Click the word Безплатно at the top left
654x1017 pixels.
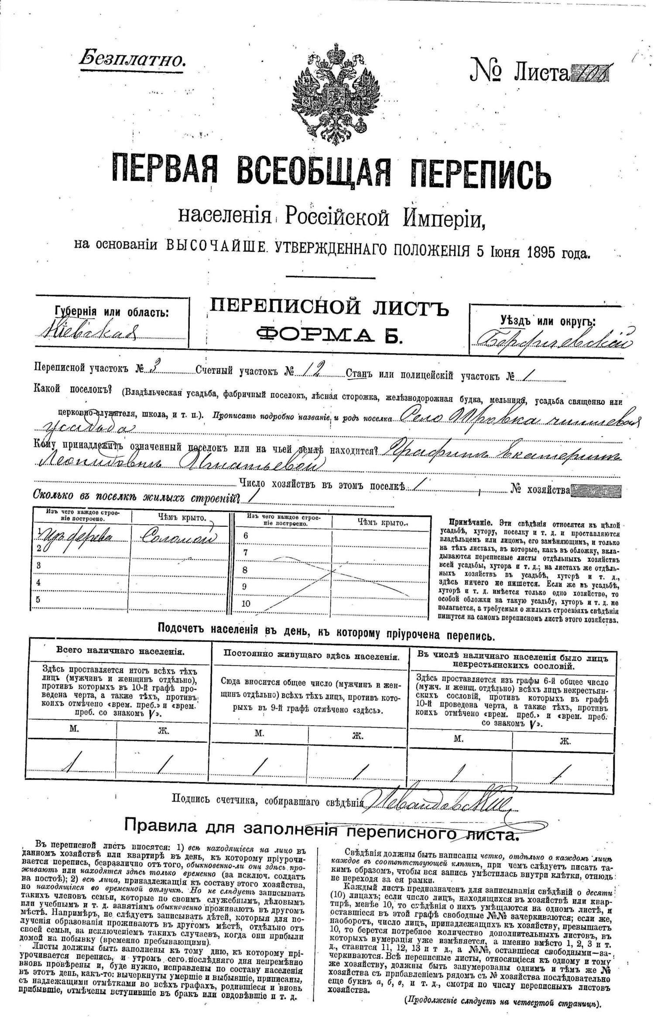click(x=132, y=58)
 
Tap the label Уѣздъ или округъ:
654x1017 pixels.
click(x=548, y=322)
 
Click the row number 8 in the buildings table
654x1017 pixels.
click(x=245, y=570)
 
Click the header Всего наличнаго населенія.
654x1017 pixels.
click(x=120, y=652)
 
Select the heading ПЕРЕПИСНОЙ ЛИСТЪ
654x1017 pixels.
click(x=329, y=308)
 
